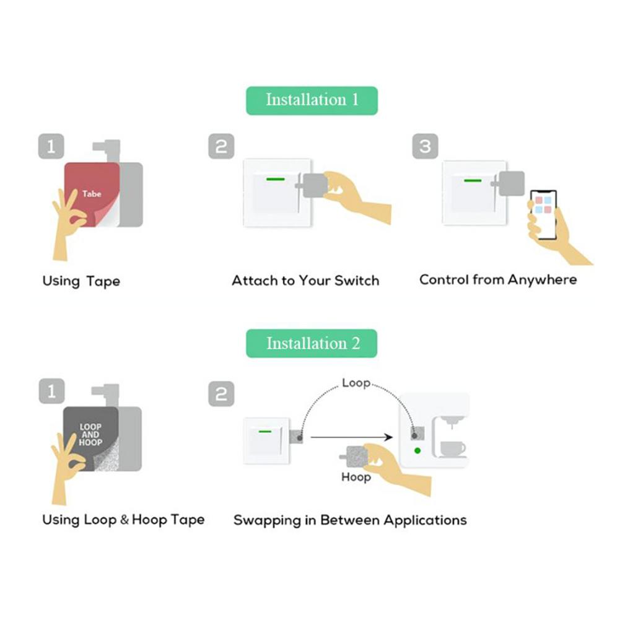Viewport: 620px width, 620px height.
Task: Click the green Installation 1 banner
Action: pos(312,100)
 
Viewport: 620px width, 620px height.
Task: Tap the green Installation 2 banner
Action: pos(312,343)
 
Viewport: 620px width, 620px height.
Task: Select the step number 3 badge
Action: pos(425,146)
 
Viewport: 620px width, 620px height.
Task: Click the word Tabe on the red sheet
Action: pos(92,194)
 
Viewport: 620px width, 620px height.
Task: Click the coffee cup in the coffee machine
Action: pos(452,448)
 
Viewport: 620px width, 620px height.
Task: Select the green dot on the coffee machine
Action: pos(417,450)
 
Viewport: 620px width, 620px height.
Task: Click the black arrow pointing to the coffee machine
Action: pos(352,437)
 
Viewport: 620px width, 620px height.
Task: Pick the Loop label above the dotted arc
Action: pos(356,383)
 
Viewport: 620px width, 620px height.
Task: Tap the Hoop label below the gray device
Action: pos(356,478)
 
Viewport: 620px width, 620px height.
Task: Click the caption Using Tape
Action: pos(81,281)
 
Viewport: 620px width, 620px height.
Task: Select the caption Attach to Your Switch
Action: pos(305,281)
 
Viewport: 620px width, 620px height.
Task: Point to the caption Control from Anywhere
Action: pos(498,279)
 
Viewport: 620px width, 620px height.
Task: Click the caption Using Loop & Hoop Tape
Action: pos(123,520)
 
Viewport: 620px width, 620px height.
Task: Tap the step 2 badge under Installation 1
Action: pos(221,146)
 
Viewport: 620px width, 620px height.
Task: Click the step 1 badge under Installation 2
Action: pos(51,391)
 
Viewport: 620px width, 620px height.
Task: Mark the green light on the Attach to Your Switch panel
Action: pos(276,180)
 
